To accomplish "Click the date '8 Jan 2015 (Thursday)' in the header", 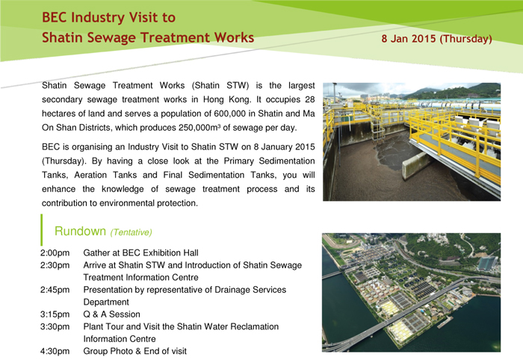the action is pyautogui.click(x=436, y=39).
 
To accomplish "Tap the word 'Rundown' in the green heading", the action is pyautogui.click(x=80, y=231).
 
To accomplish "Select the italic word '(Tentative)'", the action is pyautogui.click(x=131, y=232).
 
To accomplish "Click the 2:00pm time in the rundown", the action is pyautogui.click(x=55, y=253).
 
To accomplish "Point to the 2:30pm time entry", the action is pyautogui.click(x=55, y=265).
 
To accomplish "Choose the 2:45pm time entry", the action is pyautogui.click(x=55, y=290).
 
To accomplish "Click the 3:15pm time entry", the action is pyautogui.click(x=55, y=314).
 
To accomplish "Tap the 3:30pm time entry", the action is pyautogui.click(x=55, y=326).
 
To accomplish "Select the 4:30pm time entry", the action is pyautogui.click(x=55, y=351).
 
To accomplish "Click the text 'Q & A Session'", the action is pyautogui.click(x=112, y=314).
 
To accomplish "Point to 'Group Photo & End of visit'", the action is pyautogui.click(x=135, y=351).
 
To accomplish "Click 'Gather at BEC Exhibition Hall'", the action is pyautogui.click(x=140, y=253).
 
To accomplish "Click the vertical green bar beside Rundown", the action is pyautogui.click(x=41, y=230).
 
